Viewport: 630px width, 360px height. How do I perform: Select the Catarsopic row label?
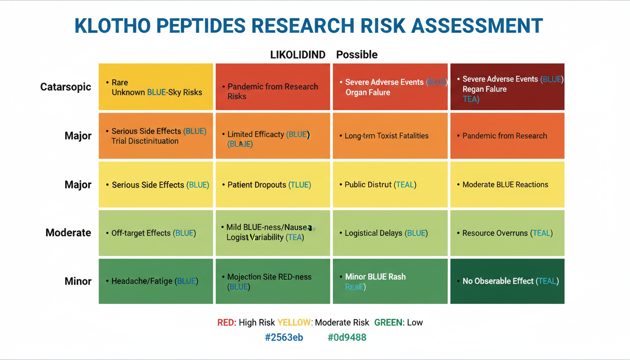(x=66, y=87)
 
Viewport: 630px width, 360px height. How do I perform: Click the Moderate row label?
(x=68, y=232)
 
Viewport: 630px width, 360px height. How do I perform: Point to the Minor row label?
(x=78, y=281)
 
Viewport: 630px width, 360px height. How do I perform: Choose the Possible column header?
(x=357, y=54)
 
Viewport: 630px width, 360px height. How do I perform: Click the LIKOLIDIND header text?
(x=298, y=54)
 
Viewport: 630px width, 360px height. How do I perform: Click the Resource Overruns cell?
(x=507, y=233)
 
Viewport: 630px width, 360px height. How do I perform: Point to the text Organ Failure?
(x=367, y=92)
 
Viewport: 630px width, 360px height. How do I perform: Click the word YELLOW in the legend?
(x=294, y=322)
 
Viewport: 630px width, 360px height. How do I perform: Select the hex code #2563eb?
(x=284, y=337)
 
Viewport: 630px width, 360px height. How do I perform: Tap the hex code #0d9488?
(x=347, y=337)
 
